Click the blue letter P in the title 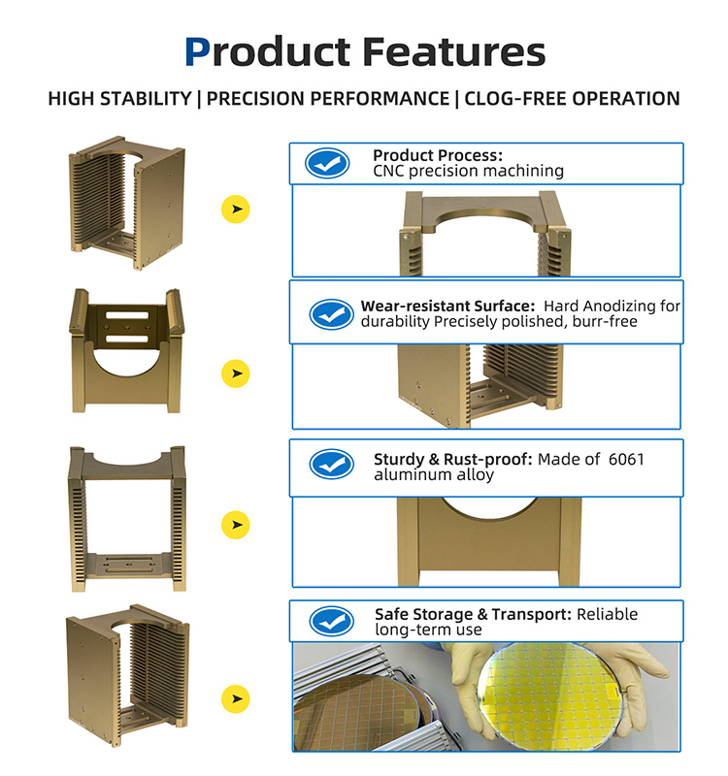198,51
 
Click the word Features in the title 454,51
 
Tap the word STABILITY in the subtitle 147,99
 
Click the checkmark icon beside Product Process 327,163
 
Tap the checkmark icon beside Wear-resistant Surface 331,313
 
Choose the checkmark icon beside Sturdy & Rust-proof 331,465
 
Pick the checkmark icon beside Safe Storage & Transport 331,621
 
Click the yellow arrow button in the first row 235,209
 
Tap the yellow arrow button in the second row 235,373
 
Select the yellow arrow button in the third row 235,525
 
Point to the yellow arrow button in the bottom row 235,698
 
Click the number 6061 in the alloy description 626,459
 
